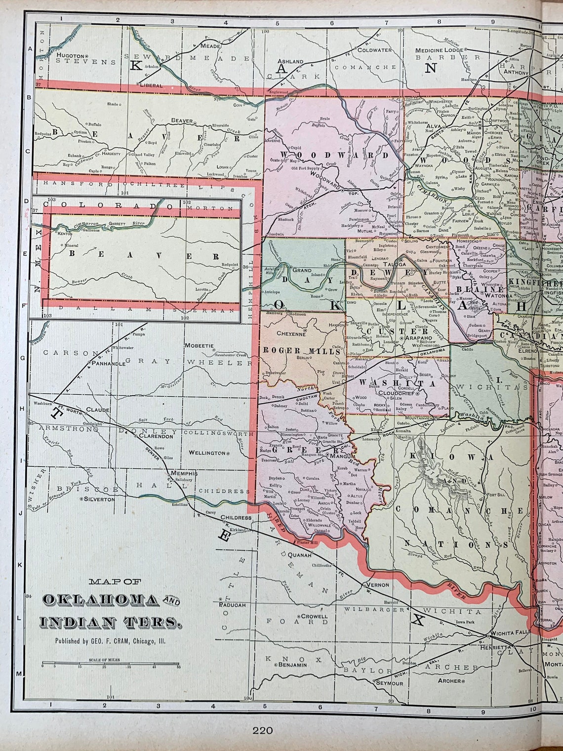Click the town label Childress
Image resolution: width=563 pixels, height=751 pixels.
[236, 518]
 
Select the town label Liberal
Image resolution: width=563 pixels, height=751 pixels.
[151, 85]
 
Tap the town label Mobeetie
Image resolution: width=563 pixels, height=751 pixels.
[199, 345]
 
